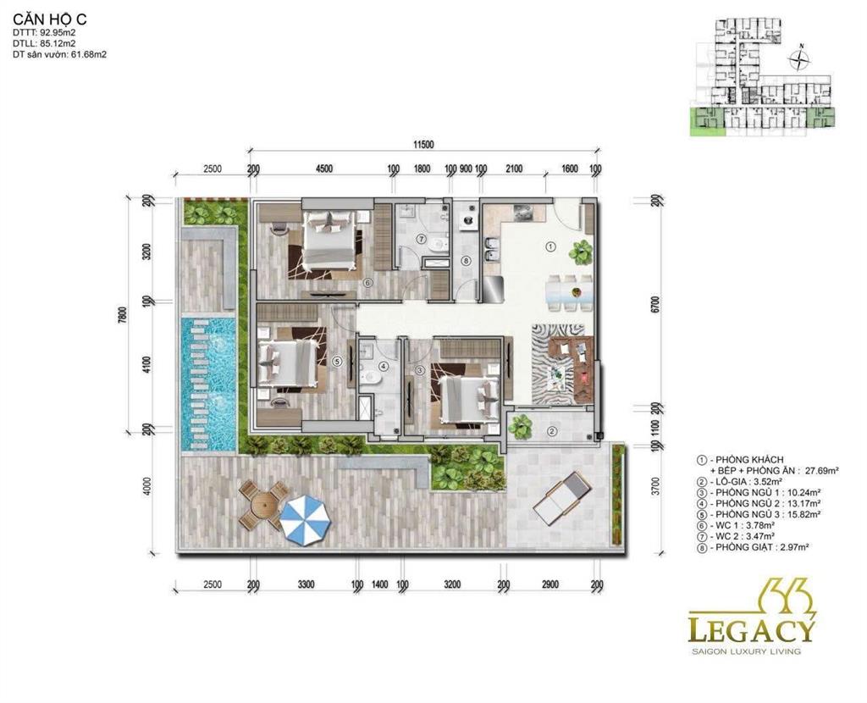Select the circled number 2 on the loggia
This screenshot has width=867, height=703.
point(551,430)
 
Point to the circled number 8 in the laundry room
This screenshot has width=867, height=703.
point(465,261)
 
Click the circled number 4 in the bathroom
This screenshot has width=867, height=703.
point(383,367)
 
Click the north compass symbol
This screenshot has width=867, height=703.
point(798,59)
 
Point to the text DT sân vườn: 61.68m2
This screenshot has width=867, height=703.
point(59,54)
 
